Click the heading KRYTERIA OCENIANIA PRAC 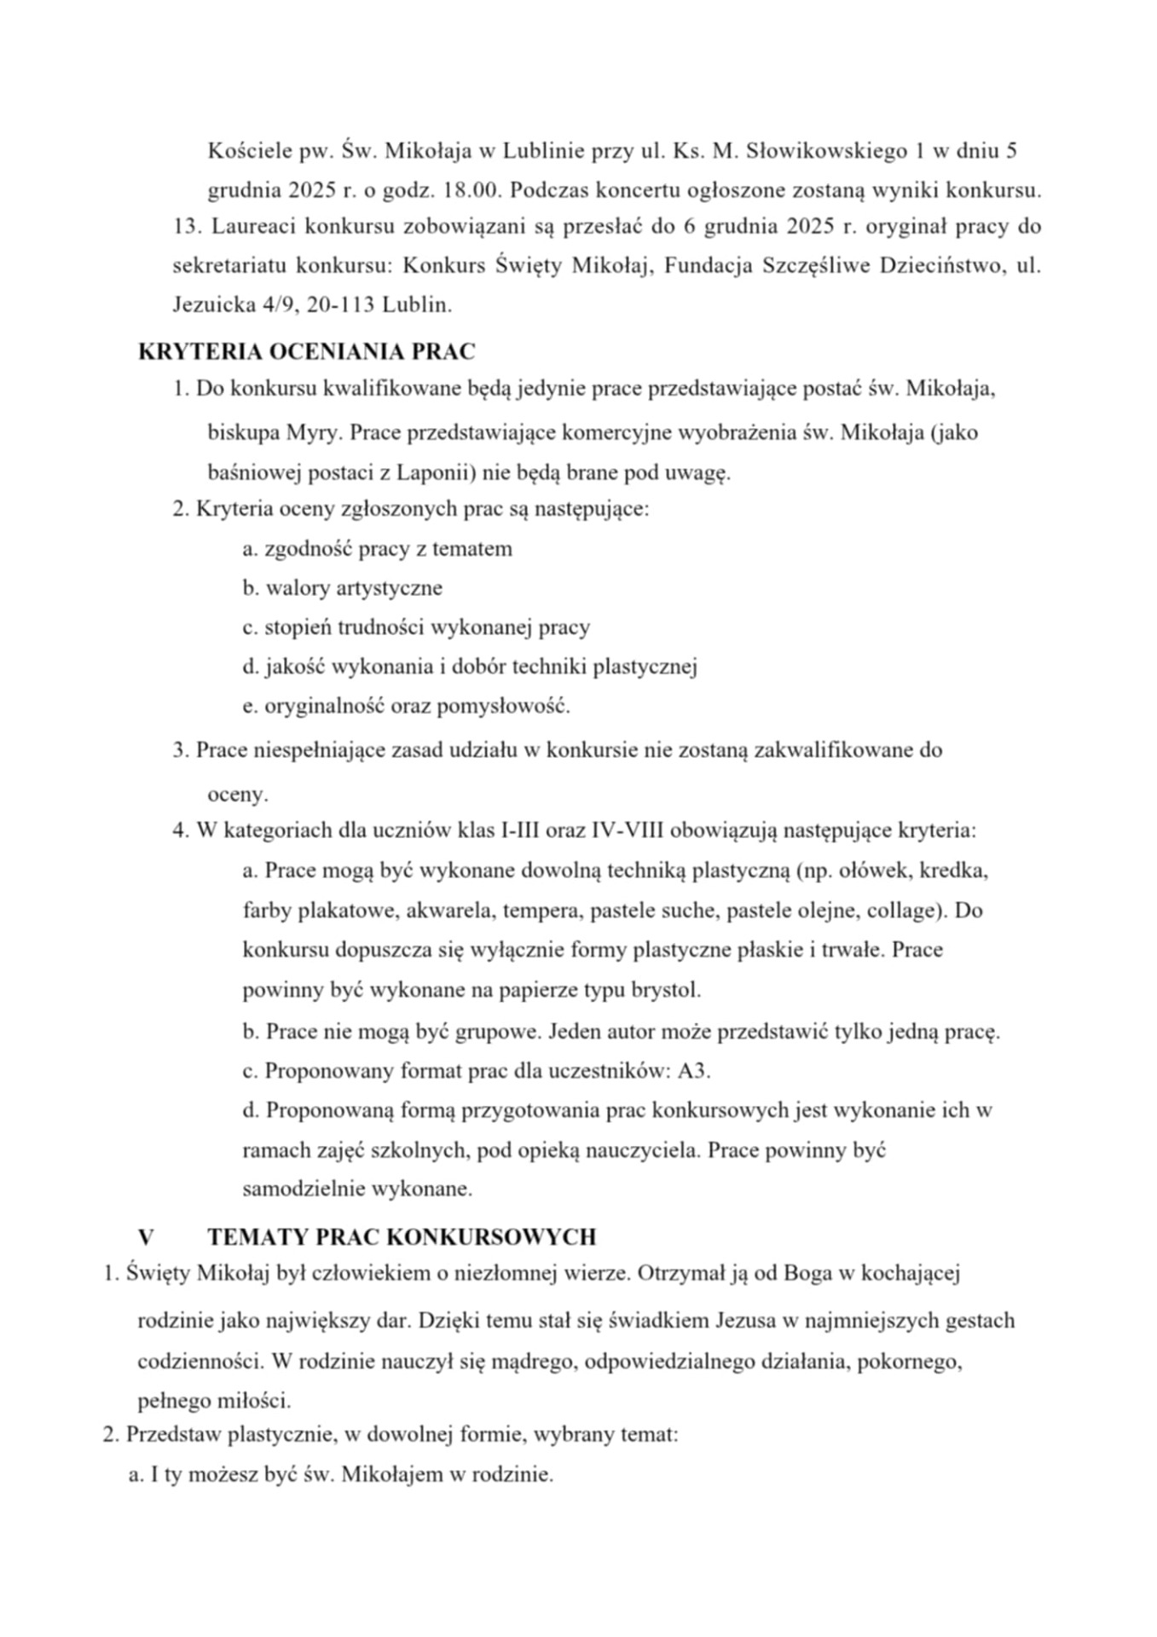coord(306,351)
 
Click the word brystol coord(666,991)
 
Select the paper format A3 coord(693,1071)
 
